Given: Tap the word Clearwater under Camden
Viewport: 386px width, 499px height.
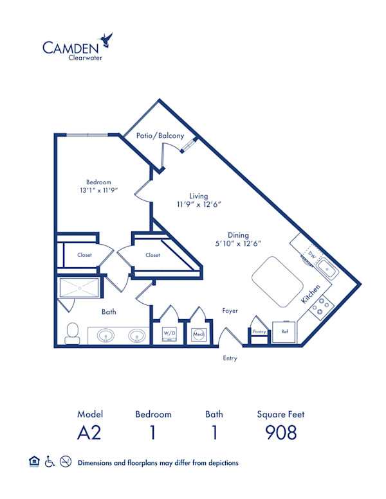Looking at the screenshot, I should click(86, 58).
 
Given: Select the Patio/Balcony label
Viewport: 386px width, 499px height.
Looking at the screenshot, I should click(160, 136).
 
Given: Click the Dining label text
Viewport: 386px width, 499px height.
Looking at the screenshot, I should click(238, 235).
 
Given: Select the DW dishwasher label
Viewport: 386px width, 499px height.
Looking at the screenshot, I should click(312, 255).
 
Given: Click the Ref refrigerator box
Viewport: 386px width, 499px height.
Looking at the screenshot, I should click(284, 333).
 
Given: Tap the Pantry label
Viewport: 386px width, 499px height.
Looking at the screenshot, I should click(259, 332).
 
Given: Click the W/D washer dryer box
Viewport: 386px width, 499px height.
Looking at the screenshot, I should click(169, 333).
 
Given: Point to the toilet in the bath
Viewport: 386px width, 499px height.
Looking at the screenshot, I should click(73, 332).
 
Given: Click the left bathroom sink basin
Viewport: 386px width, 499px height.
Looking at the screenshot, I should click(107, 335).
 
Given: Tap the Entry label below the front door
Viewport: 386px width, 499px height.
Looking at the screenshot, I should click(229, 358).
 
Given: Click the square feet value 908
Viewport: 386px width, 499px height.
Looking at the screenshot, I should click(281, 432).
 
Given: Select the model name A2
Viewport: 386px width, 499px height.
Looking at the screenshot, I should click(90, 432).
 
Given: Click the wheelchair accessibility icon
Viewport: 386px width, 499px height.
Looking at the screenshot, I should click(50, 462).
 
